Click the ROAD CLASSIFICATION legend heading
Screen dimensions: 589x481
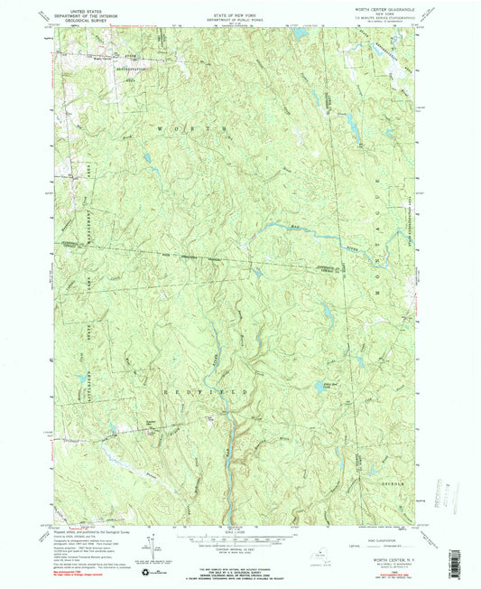tap(389, 532)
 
